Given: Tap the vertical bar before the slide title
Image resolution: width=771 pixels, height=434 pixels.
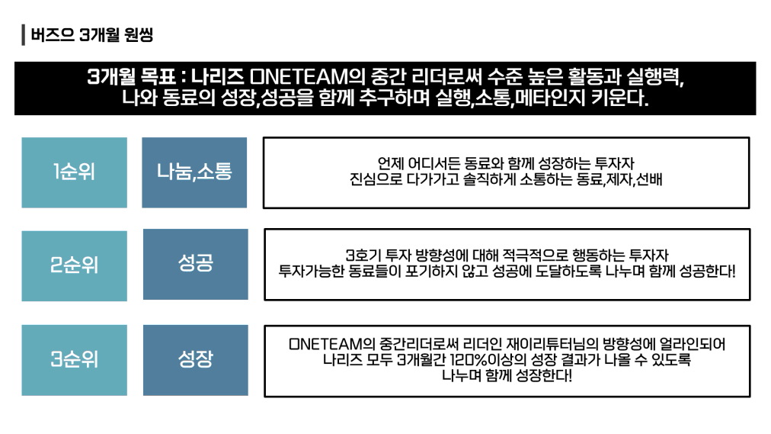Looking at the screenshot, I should (x=24, y=35).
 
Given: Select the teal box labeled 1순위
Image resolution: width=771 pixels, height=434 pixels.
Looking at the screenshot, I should (x=74, y=172).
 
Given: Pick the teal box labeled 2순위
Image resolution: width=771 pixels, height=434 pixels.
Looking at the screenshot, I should (x=74, y=265).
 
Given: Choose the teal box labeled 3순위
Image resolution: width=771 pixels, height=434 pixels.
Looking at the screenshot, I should (x=74, y=359).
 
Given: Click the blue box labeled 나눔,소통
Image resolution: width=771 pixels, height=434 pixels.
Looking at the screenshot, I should (x=194, y=172).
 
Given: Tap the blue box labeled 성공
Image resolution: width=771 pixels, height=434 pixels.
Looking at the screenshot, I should (x=195, y=264).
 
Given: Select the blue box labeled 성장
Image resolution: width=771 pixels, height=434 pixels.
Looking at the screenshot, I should (x=195, y=359).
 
